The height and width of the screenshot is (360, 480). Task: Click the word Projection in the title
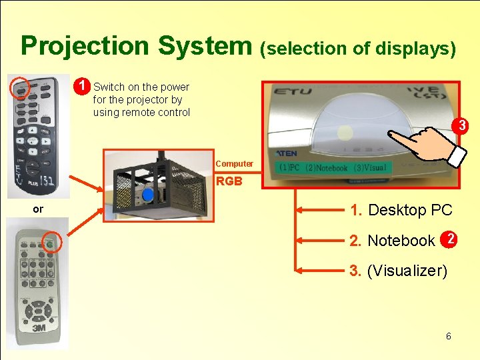tap(85, 46)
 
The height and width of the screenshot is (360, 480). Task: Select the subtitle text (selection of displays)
tap(358, 48)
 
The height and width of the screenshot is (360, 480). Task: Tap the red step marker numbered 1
tap(82, 87)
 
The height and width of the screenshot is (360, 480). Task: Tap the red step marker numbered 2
tap(451, 239)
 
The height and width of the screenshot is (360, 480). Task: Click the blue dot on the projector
tap(148, 195)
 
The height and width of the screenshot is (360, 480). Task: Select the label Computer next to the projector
tap(234, 164)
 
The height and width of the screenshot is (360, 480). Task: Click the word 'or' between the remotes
tap(38, 209)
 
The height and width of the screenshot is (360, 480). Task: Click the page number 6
tap(448, 336)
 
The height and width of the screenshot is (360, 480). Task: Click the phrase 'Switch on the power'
tap(141, 87)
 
